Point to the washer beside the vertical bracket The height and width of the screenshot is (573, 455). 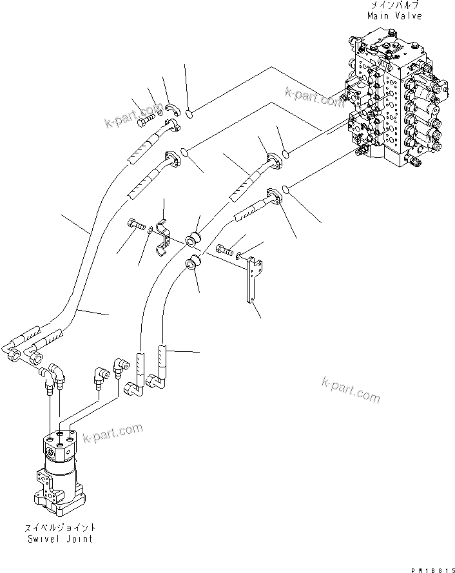pyautogui.click(x=239, y=255)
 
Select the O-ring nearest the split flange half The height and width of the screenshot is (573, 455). pyautogui.click(x=189, y=114)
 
